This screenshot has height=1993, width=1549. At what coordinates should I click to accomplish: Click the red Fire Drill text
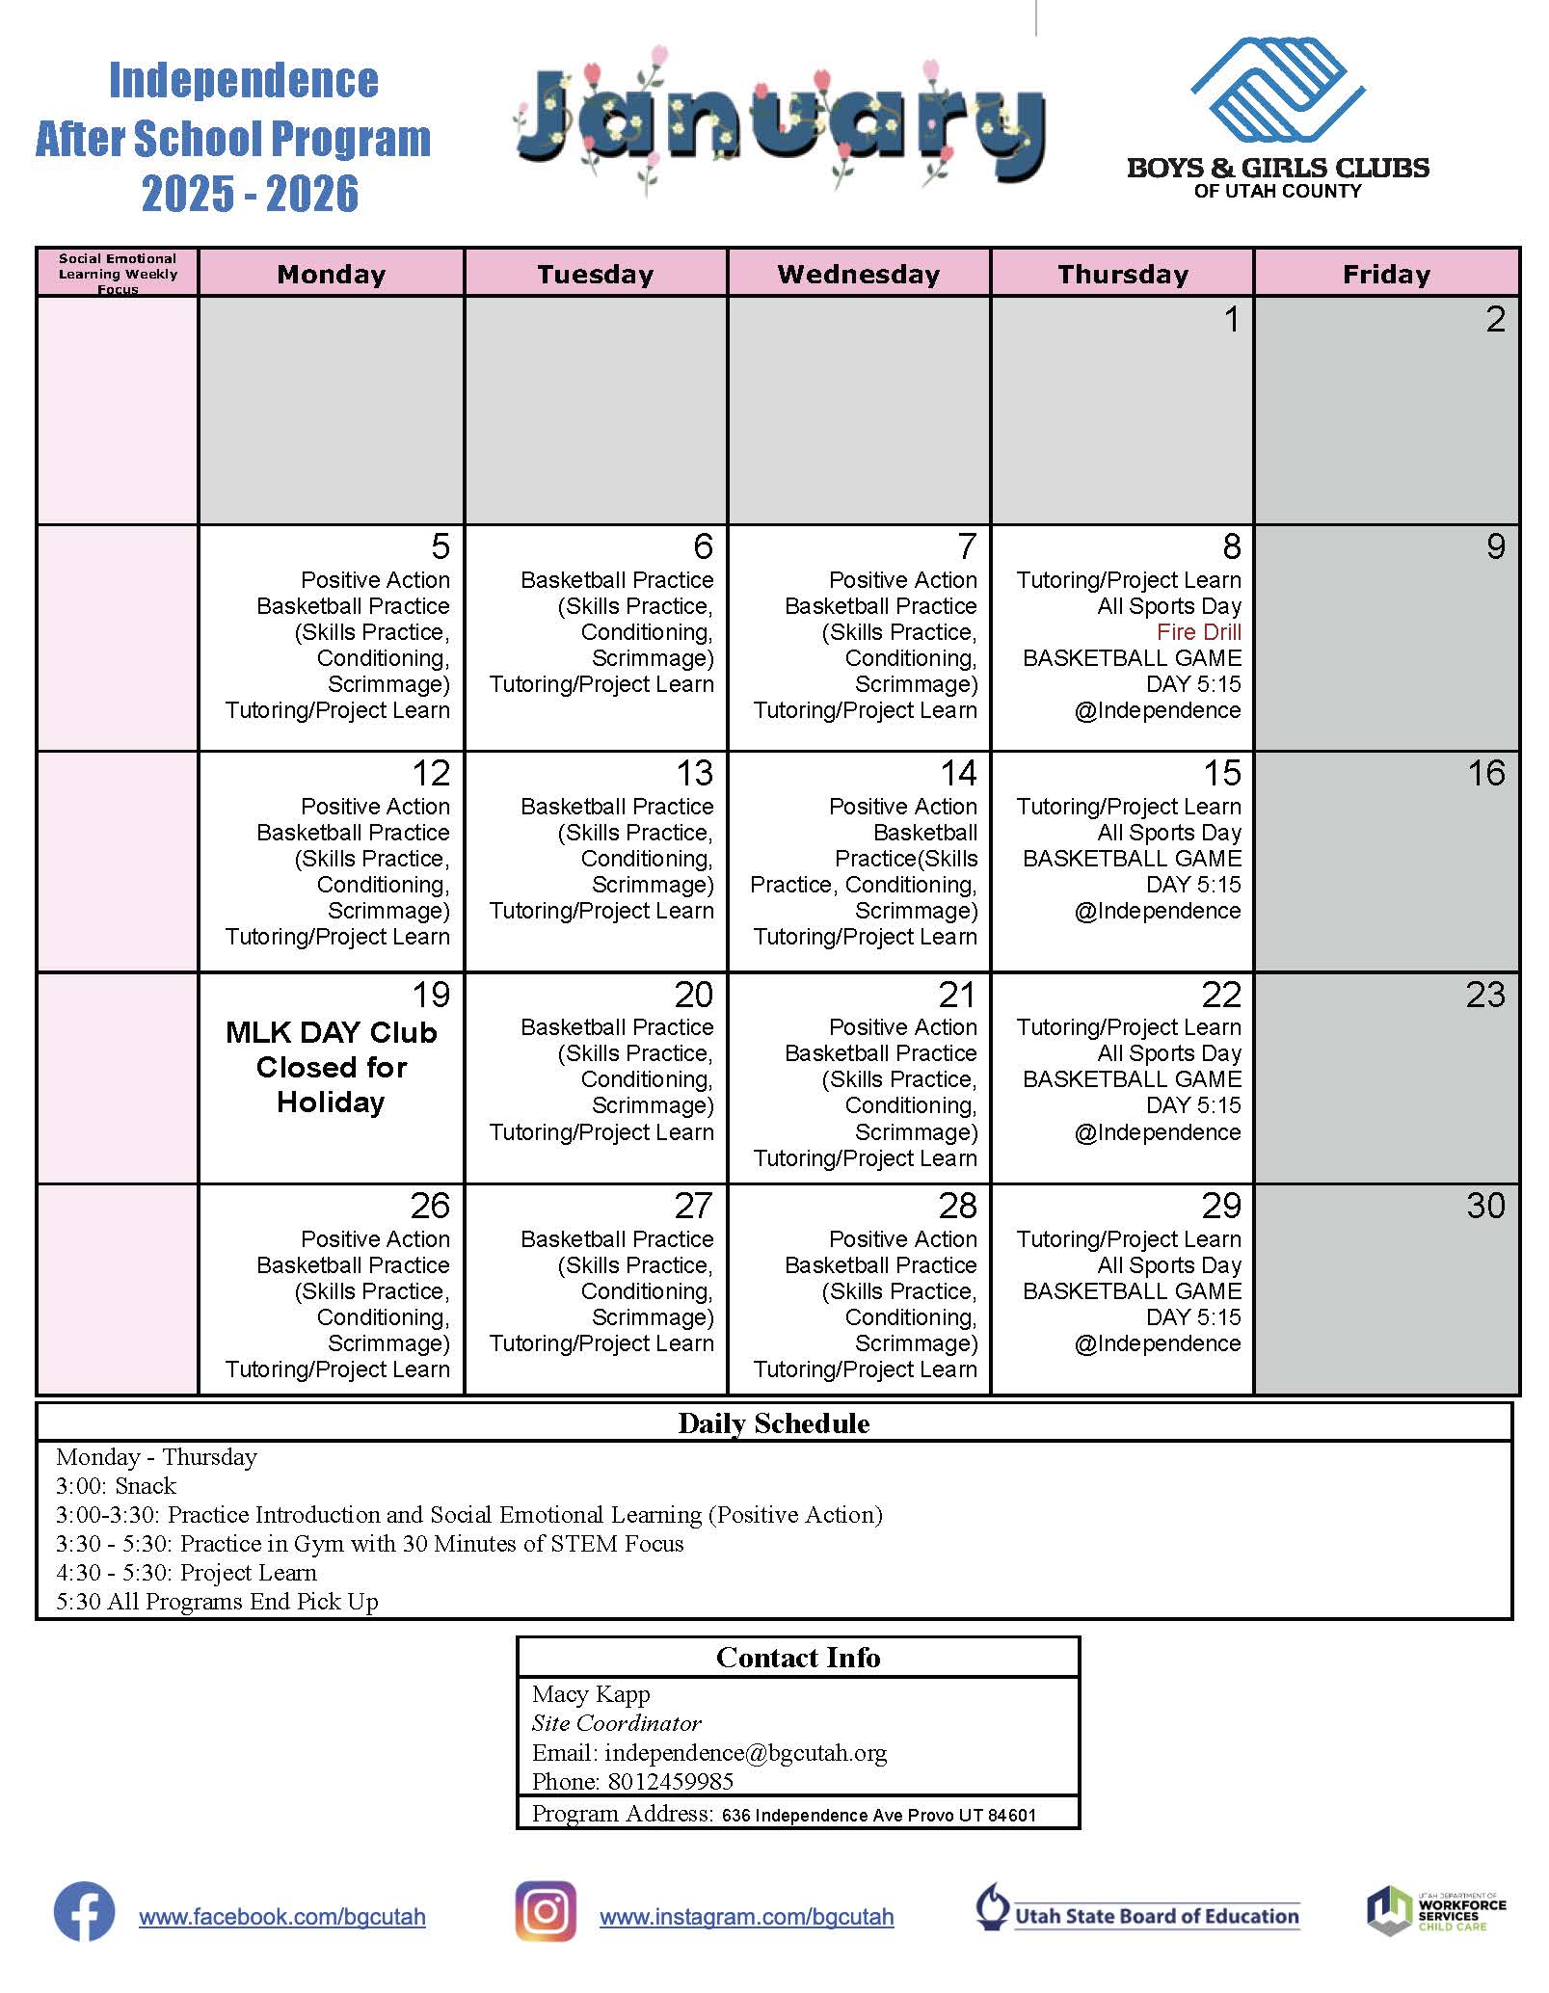[1198, 632]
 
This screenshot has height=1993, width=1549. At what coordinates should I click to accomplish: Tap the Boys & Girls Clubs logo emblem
[1277, 90]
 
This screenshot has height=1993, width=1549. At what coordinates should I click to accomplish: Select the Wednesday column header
[858, 274]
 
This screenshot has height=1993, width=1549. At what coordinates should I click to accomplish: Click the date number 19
[430, 995]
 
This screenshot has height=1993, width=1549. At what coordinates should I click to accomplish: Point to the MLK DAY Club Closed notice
[331, 1067]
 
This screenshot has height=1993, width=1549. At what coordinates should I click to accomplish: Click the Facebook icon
[84, 1911]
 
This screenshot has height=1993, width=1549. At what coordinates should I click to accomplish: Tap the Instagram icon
[546, 1911]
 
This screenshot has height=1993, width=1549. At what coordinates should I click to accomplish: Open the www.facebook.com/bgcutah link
[282, 1917]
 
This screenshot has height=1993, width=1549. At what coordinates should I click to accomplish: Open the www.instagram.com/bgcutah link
[746, 1917]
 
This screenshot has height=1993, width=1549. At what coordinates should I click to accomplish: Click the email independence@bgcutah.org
[745, 1752]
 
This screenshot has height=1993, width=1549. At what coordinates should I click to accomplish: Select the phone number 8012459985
[670, 1781]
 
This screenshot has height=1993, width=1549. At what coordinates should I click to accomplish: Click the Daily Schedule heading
[773, 1423]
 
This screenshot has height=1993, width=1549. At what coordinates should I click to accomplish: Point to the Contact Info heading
[797, 1658]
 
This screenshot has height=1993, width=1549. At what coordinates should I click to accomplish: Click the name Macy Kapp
[591, 1694]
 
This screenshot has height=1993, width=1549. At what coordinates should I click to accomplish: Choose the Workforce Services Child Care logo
[1435, 1911]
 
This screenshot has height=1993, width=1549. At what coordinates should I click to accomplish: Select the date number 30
[1484, 1206]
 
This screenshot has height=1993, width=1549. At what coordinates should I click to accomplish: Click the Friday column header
[1386, 274]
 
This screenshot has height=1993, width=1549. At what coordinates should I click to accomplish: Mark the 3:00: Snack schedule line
[117, 1485]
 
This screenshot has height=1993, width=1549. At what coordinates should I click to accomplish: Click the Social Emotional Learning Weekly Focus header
[118, 273]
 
